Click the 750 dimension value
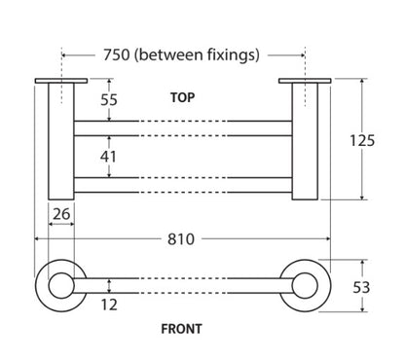click(x=117, y=54)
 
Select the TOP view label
click(x=183, y=97)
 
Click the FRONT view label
click(x=181, y=329)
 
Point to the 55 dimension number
click(x=109, y=100)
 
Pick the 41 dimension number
click(x=108, y=157)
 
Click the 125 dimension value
click(x=362, y=140)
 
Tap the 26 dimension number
click(x=61, y=214)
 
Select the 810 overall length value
click(x=181, y=239)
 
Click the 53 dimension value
click(x=361, y=287)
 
